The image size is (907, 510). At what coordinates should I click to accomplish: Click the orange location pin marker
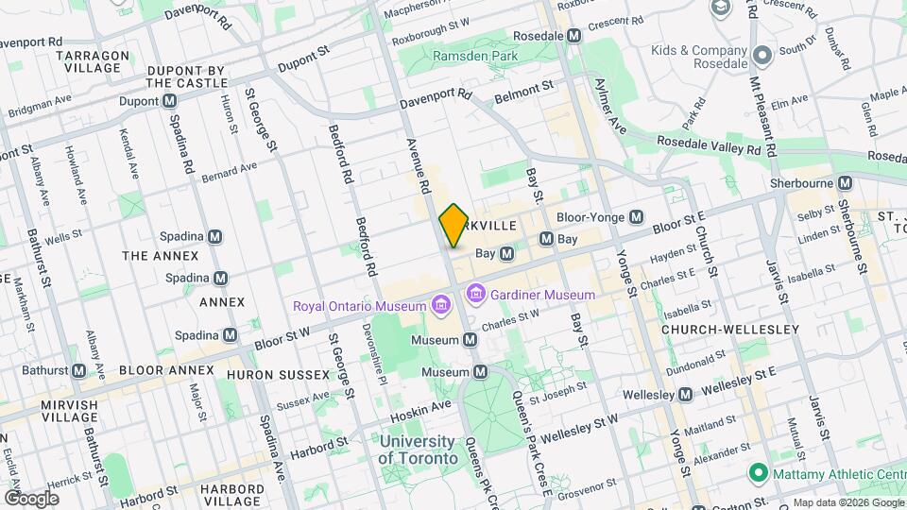coord(453,225)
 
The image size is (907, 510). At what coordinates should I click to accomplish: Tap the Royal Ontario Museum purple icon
coord(439,305)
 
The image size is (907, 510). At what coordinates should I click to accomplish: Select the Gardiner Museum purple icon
coord(475,296)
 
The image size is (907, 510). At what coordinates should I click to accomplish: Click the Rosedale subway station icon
coord(573,35)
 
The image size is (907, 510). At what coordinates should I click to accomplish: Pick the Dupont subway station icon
coord(169,100)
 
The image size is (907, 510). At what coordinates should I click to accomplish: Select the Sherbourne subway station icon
coord(845,182)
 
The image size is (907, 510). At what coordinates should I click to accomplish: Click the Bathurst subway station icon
coord(78,370)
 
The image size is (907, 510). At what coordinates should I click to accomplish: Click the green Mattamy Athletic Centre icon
coord(757,471)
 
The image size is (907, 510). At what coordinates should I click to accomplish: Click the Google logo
coord(31,498)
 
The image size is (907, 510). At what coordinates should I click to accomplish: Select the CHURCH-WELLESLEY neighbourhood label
coord(729,330)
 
